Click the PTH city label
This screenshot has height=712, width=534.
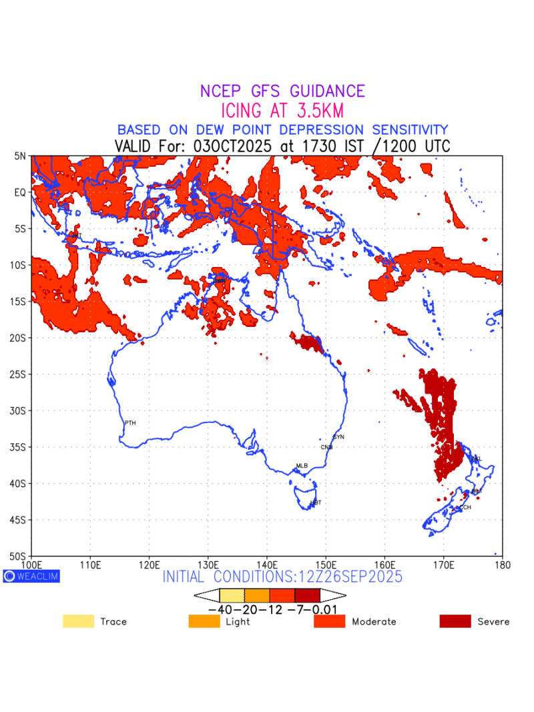click(130, 423)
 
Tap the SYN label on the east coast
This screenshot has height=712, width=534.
click(338, 437)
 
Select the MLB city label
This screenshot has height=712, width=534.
click(302, 466)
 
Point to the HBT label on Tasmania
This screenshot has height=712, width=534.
click(316, 502)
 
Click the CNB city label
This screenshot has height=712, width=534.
click(326, 447)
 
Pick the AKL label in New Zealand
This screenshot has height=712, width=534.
click(476, 459)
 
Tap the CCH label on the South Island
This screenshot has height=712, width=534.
click(464, 508)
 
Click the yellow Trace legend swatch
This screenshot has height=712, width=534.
click(78, 621)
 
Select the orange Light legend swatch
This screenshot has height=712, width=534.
click(204, 621)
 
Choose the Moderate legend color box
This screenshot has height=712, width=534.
click(330, 621)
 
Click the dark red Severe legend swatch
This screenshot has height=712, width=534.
click(455, 621)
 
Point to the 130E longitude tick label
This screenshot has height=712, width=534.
click(208, 565)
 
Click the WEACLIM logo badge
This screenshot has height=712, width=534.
click(31, 576)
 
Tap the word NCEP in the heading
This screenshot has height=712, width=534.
click(223, 91)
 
